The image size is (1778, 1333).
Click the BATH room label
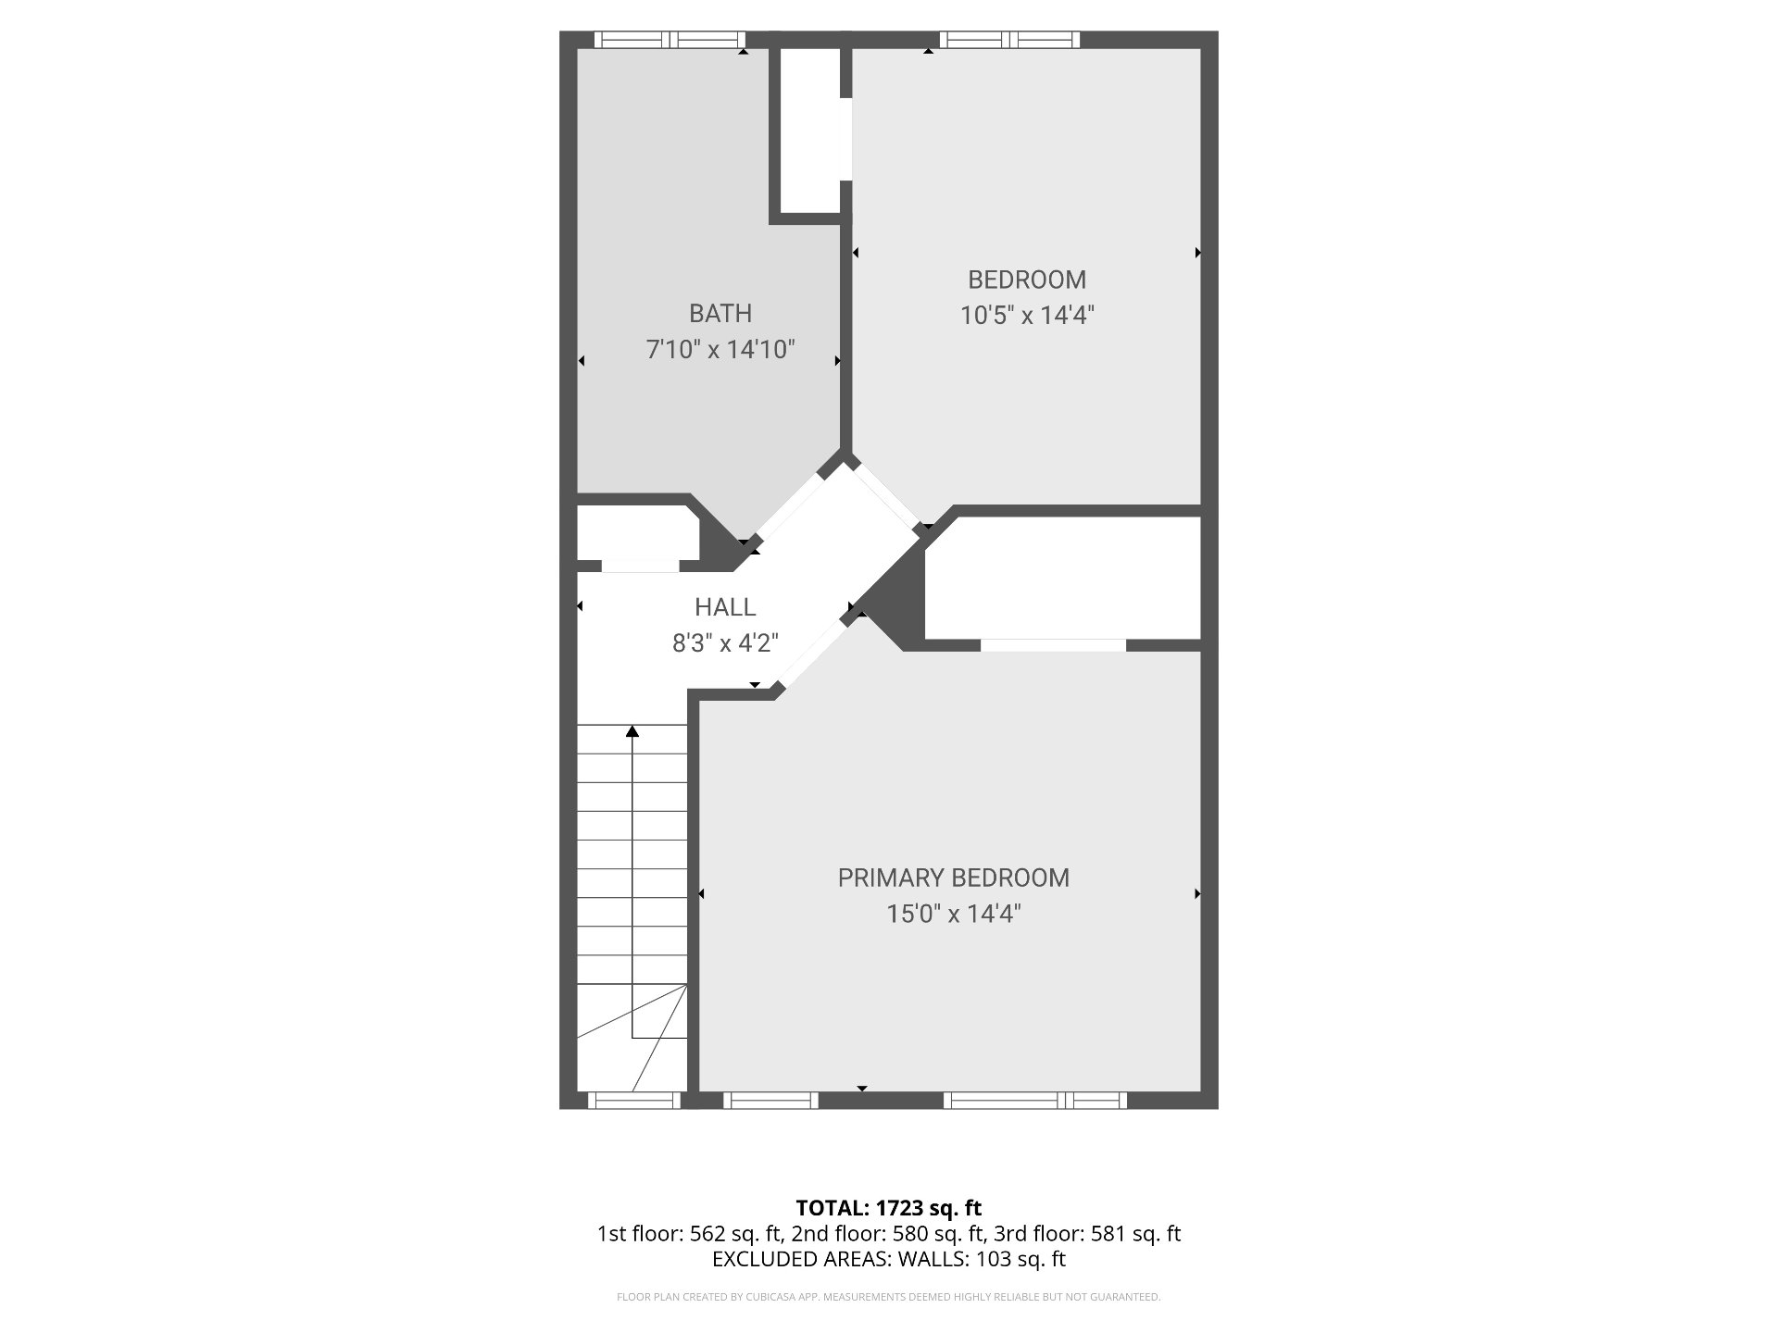720,313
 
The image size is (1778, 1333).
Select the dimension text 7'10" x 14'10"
720,350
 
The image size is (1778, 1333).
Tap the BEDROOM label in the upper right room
1026,280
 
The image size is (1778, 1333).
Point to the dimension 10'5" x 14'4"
1026,316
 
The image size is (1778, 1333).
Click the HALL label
725,607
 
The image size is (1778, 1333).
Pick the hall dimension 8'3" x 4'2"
725,642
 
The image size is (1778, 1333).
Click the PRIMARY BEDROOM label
953,878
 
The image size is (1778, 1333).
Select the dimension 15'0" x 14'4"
953,915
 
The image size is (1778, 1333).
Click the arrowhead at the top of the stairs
632,731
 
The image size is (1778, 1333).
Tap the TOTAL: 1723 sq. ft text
888,1207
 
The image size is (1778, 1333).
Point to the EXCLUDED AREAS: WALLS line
888,1259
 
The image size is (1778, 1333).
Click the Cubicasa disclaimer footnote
888,1297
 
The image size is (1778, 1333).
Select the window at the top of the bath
669,40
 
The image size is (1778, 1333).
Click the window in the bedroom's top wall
1009,40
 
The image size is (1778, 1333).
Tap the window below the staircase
633,1100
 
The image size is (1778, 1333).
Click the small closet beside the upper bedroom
809,130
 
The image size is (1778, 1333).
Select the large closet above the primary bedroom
1062,578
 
